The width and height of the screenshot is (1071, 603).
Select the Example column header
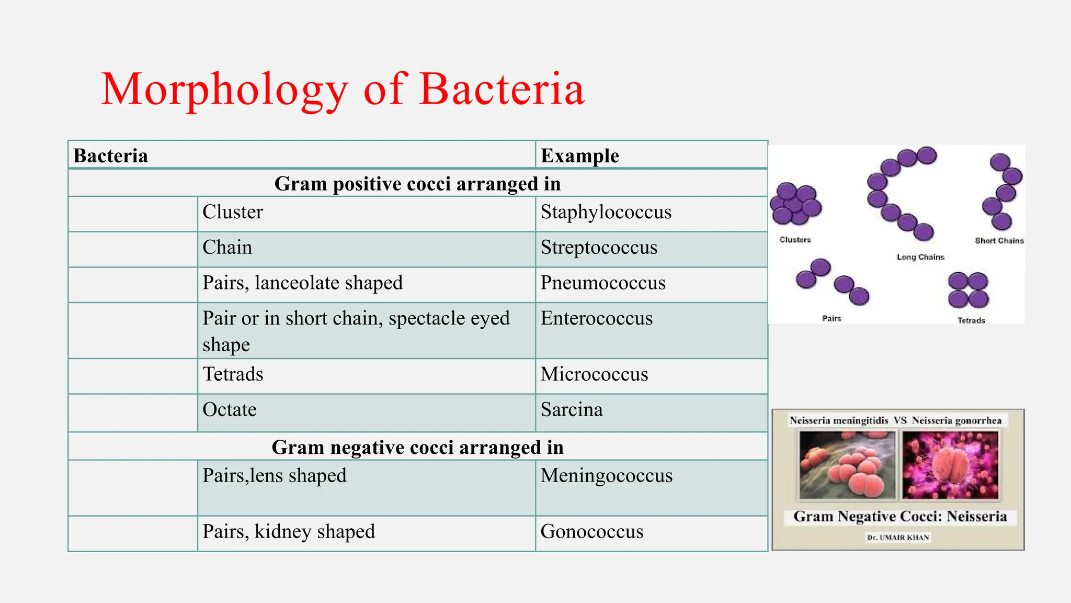click(579, 156)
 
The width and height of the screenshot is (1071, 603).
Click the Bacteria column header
click(111, 156)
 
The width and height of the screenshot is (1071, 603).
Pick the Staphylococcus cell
click(606, 213)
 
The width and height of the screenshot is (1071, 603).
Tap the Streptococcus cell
click(599, 248)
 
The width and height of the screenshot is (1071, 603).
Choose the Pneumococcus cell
click(602, 283)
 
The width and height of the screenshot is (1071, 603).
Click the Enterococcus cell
click(596, 319)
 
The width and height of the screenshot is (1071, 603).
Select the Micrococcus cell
click(594, 375)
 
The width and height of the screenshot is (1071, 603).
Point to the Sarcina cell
click(572, 410)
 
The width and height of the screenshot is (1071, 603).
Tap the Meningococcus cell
click(606, 476)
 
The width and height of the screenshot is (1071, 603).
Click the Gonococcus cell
click(591, 532)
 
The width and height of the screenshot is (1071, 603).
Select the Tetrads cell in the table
click(233, 375)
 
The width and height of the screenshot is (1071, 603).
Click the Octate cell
click(230, 410)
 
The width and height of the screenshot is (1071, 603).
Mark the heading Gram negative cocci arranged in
click(417, 448)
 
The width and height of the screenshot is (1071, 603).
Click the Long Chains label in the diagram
click(920, 257)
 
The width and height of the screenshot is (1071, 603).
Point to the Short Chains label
click(999, 241)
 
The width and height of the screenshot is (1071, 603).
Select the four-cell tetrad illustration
click(968, 290)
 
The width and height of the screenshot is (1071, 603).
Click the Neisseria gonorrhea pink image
click(950, 465)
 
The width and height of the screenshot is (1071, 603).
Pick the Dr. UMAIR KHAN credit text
click(898, 538)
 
